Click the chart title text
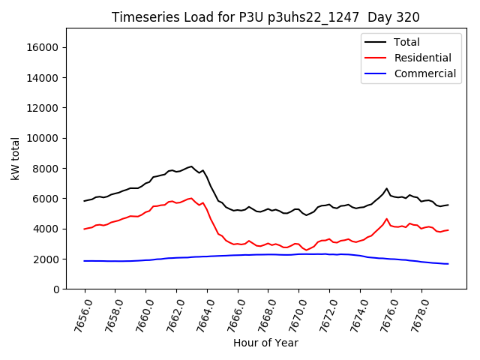coord(265,17)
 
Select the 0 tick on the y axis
coord(56,289)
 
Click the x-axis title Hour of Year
coord(265,343)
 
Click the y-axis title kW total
coord(15,158)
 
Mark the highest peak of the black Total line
coord(191,166)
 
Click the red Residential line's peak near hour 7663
coord(191,198)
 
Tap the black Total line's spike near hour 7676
coord(386,189)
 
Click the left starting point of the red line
coord(85,229)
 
